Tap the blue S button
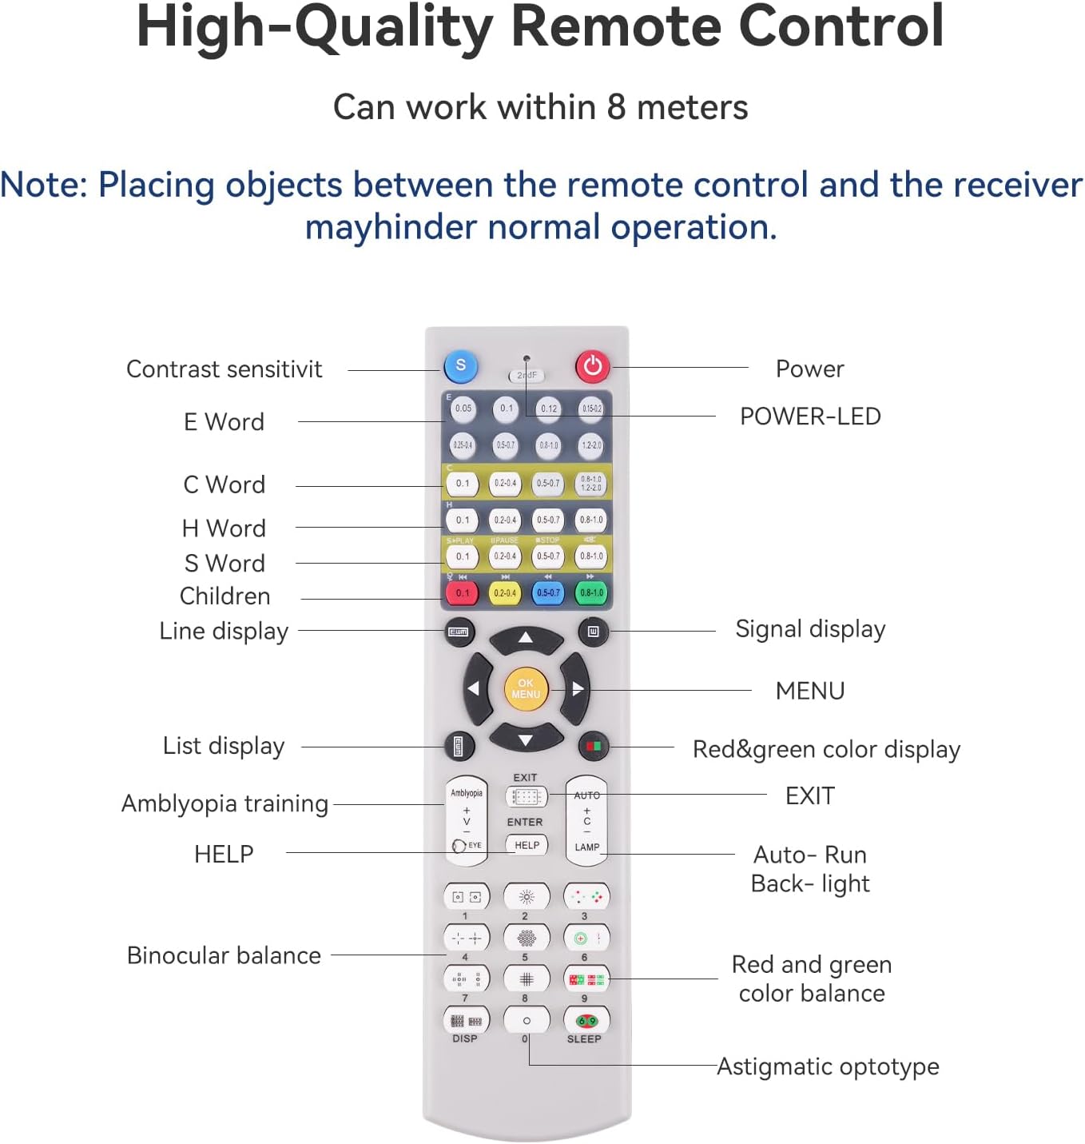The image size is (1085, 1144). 460,366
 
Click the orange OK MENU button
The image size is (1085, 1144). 525,688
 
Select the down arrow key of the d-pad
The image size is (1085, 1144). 526,739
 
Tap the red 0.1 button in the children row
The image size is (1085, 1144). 463,593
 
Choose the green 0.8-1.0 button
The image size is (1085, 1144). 591,593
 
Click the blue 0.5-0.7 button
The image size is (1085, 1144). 548,593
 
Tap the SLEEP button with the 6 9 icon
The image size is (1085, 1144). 586,1021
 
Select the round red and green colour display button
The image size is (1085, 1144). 593,746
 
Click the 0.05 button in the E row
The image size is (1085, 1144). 463,409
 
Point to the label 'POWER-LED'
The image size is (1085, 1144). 810,417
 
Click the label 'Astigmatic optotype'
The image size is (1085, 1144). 828,1066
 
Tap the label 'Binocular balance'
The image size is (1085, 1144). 224,955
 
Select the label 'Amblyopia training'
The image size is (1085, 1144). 225,803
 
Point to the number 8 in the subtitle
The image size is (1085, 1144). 616,107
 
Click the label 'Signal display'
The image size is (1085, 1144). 810,629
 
